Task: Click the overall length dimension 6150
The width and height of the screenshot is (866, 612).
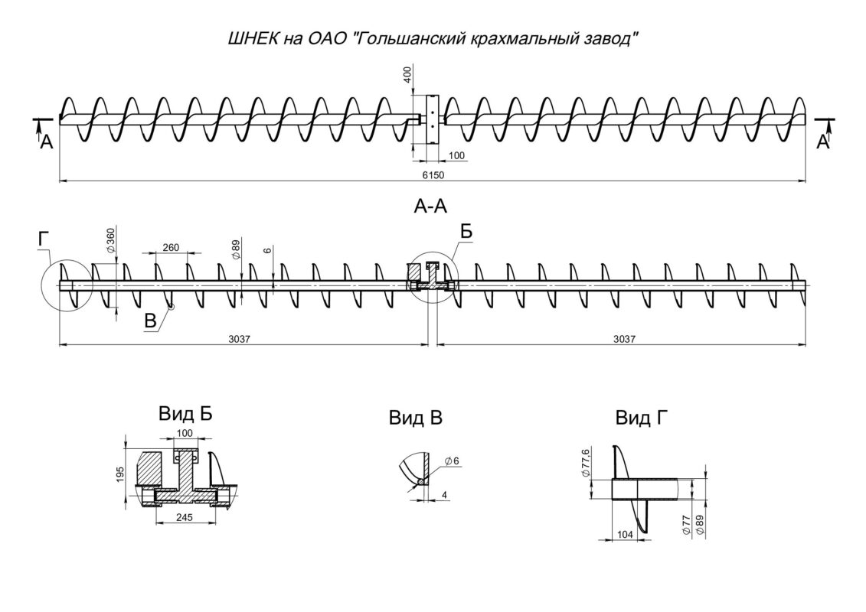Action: (x=433, y=175)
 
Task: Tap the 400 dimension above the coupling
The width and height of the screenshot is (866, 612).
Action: (x=407, y=74)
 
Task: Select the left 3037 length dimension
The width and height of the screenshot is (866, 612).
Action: (x=240, y=339)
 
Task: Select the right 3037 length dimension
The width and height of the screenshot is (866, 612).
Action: (x=624, y=339)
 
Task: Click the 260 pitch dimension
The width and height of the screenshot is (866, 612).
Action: (x=171, y=247)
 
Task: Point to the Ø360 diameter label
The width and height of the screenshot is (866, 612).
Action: (x=111, y=241)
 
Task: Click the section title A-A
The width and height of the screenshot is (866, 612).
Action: (x=430, y=206)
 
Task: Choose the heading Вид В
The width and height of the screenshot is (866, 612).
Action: (x=415, y=418)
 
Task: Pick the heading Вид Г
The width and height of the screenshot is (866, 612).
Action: (x=641, y=418)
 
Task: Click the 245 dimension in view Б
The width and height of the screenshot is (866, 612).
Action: (x=185, y=517)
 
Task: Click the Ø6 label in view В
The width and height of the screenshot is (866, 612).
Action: (x=452, y=461)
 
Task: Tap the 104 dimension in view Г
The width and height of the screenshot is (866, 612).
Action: (x=624, y=534)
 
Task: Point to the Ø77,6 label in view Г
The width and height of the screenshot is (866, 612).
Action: (x=586, y=463)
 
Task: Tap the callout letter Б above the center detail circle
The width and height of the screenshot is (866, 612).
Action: (x=466, y=232)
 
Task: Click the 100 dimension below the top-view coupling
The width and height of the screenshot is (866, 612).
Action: (x=457, y=155)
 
